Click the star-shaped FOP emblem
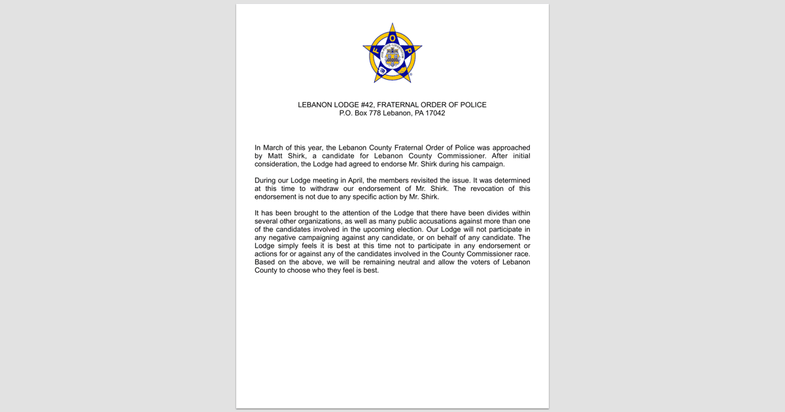(x=392, y=54)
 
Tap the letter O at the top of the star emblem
(x=392, y=38)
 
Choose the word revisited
(x=427, y=180)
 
